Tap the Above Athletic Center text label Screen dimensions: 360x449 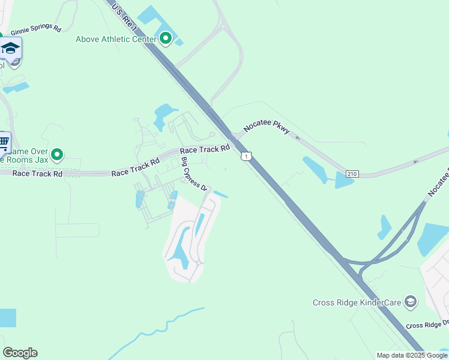point(116,40)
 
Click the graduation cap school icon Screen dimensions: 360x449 point(10,48)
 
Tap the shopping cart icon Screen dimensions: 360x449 point(4,142)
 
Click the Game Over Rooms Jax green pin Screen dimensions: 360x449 point(57,155)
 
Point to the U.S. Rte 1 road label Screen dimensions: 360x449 point(122,15)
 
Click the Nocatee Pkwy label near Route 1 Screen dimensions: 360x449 point(267,128)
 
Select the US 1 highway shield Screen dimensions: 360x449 point(246,156)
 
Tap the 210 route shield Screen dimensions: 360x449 point(352,174)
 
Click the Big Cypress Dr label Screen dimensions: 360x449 point(194,173)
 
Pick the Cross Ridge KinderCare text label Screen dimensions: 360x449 point(357,302)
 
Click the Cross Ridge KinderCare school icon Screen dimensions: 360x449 point(411,302)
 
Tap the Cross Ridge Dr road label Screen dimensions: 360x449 point(427,325)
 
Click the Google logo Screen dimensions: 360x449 point(20,353)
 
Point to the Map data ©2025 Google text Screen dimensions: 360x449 point(411,355)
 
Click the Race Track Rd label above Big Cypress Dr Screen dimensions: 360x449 point(205,149)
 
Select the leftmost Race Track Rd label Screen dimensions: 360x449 point(37,173)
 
